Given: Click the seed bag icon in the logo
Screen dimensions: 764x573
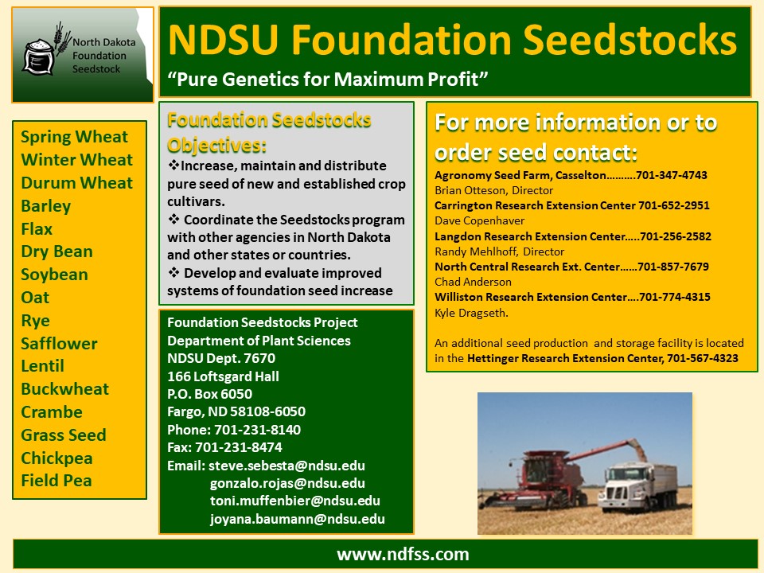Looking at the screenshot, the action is tap(39, 57).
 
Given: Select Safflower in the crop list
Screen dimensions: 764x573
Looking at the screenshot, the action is tap(59, 344).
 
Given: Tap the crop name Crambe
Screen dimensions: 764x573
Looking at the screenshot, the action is tap(52, 412).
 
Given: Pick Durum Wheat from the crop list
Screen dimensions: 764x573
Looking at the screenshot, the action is tap(76, 183).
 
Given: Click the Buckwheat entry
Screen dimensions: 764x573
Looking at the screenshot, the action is tap(64, 389).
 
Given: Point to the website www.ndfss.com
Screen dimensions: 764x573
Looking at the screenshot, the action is tap(403, 555).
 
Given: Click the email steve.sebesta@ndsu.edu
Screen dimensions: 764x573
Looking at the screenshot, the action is tap(286, 466).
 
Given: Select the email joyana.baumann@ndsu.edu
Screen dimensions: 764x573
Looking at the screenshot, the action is tap(297, 520).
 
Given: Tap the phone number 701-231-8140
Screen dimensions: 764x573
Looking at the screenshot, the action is tap(257, 430).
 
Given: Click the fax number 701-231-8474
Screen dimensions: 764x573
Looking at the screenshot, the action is tap(238, 447).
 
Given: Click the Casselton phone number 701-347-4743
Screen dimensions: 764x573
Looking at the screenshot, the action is tap(672, 175).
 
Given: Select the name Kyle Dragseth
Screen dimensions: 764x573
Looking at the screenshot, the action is tap(471, 313).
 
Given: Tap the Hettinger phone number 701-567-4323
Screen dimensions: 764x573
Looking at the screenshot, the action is tap(703, 359).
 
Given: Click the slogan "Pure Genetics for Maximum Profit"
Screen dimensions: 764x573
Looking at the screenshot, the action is tap(327, 79).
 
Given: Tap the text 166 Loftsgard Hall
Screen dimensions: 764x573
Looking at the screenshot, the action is tap(223, 376).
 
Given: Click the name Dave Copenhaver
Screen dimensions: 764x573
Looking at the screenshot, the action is tap(479, 220).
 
